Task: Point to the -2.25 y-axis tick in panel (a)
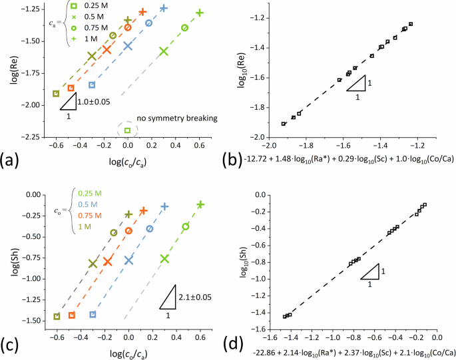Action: (x=31, y=138)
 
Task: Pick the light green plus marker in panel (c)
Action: (x=200, y=204)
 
